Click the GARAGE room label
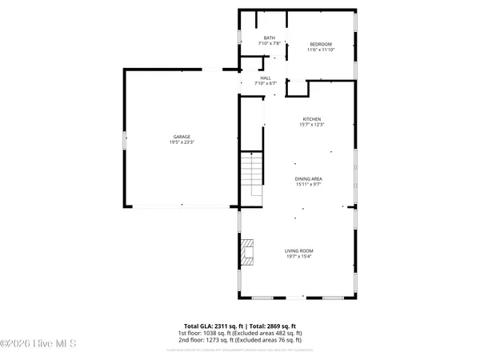(175, 137)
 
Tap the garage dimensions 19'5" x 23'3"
(175, 142)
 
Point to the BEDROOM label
(321, 44)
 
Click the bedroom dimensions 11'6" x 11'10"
(321, 50)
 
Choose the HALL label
(265, 78)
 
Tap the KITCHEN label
(311, 118)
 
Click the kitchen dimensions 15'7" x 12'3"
(311, 124)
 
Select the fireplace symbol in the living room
(249, 251)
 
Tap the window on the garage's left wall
(124, 139)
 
